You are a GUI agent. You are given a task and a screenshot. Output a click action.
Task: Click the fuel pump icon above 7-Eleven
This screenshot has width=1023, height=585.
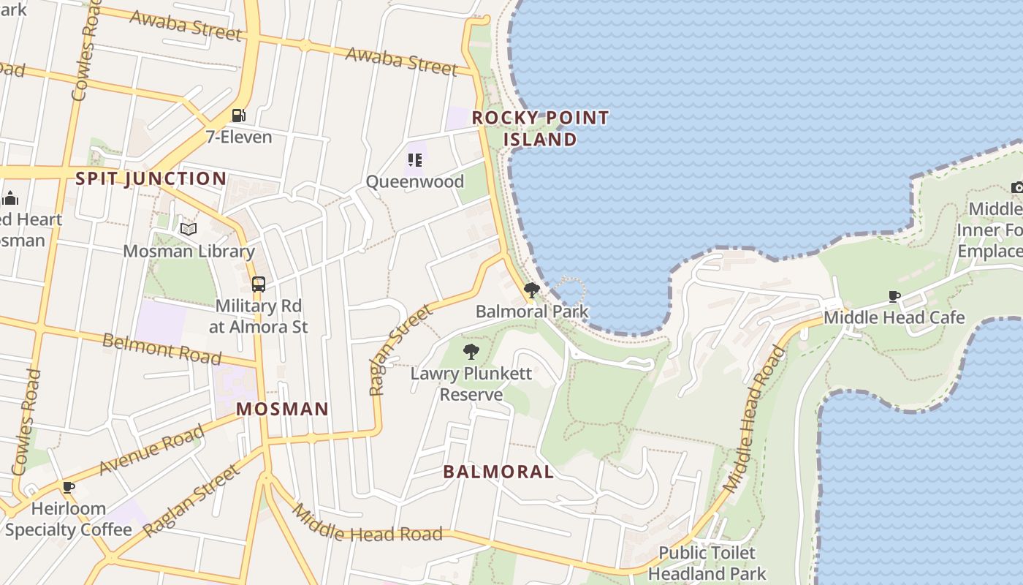pyautogui.click(x=238, y=116)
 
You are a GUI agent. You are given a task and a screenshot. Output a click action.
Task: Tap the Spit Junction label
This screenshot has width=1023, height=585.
pyautogui.click(x=151, y=178)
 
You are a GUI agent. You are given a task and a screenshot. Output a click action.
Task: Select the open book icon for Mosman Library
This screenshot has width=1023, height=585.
pyautogui.click(x=189, y=230)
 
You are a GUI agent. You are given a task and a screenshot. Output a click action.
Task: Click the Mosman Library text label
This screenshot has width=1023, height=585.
pyautogui.click(x=189, y=252)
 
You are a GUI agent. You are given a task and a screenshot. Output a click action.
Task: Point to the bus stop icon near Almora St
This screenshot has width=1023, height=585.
pyautogui.click(x=259, y=284)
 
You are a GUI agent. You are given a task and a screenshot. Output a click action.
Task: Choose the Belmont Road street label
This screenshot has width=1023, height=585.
pyautogui.click(x=161, y=348)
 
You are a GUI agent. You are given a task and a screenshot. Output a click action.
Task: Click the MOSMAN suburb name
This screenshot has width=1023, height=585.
pyautogui.click(x=282, y=409)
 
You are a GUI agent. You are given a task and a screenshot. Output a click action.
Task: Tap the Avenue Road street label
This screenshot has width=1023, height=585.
pyautogui.click(x=151, y=450)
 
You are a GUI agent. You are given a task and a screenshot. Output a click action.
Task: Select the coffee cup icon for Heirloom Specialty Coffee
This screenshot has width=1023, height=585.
pyautogui.click(x=69, y=487)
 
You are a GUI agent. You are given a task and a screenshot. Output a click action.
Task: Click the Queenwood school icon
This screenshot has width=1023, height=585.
pyautogui.click(x=415, y=160)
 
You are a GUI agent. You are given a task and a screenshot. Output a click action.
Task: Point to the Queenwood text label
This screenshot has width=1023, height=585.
pyautogui.click(x=415, y=181)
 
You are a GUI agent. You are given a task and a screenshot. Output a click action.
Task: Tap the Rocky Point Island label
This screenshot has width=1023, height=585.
pyautogui.click(x=540, y=129)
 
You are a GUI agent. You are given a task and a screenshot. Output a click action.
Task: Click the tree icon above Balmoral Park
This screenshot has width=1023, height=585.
pyautogui.click(x=532, y=290)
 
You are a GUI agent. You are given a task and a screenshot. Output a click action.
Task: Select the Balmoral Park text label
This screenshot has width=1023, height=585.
pyautogui.click(x=532, y=312)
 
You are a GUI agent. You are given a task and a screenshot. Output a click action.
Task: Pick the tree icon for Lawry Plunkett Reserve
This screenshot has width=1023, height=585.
pyautogui.click(x=471, y=352)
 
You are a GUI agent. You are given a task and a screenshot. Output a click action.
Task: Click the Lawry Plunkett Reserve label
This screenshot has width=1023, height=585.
pyautogui.click(x=471, y=384)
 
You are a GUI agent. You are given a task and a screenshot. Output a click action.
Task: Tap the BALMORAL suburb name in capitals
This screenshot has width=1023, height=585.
pyautogui.click(x=498, y=472)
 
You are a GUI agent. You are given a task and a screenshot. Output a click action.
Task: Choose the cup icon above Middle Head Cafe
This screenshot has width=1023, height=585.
pyautogui.click(x=894, y=296)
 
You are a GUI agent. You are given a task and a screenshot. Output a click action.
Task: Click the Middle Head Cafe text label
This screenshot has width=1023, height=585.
pyautogui.click(x=894, y=317)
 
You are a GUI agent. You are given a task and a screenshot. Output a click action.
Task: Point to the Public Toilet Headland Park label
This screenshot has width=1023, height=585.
pyautogui.click(x=707, y=563)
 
